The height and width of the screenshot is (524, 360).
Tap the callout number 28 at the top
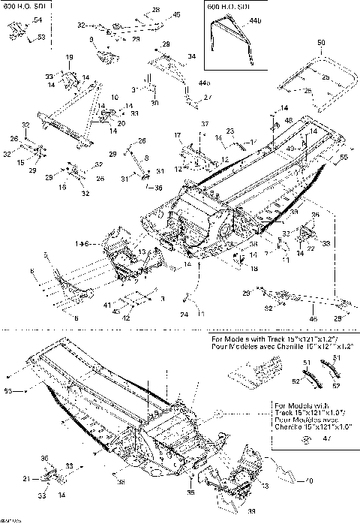click(x=156, y=8)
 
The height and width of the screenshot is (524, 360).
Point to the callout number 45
click(x=176, y=15)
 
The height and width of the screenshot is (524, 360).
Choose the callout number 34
click(x=191, y=56)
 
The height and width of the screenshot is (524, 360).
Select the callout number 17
click(x=178, y=134)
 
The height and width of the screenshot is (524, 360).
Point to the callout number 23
click(x=231, y=131)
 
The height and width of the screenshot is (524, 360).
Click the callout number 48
click(x=289, y=120)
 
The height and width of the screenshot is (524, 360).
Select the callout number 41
click(x=106, y=306)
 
